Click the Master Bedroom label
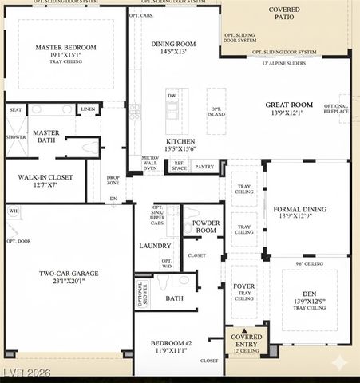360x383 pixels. click(65, 47)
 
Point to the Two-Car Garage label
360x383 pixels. click(69, 274)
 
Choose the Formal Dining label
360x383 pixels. click(301, 209)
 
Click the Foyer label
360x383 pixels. click(243, 286)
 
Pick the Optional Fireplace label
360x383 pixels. click(336, 109)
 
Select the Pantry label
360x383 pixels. click(204, 167)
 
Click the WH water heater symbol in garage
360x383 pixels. click(12, 211)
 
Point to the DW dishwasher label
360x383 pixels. click(172, 95)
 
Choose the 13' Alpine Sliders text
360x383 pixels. click(283, 63)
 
